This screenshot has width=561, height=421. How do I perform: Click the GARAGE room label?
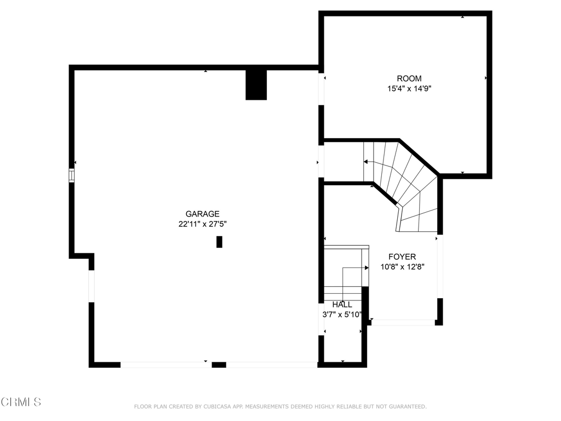click(x=202, y=214)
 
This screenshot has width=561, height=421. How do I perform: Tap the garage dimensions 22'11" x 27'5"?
click(x=203, y=224)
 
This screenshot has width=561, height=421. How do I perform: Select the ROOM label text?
click(x=409, y=78)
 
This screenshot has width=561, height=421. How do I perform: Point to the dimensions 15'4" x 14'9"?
click(x=409, y=88)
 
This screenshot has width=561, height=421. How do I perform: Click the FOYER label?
click(x=402, y=257)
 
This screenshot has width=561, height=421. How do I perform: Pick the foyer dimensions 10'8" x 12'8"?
click(x=403, y=267)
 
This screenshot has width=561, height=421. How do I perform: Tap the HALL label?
click(x=342, y=305)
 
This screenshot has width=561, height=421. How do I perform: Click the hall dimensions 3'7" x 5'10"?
click(x=342, y=315)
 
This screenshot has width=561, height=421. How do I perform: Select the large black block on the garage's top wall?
click(x=256, y=85)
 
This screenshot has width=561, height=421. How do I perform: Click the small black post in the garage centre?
click(x=219, y=242)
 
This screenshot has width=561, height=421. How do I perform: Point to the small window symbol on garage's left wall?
click(x=72, y=175)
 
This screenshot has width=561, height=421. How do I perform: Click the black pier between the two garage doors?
click(x=219, y=365)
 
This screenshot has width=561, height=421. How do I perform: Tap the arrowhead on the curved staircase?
click(x=365, y=162)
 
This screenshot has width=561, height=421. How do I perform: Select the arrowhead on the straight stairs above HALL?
click(x=367, y=268)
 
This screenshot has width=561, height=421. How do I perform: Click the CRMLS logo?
click(x=21, y=402)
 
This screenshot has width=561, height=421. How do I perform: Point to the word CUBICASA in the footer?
click(x=217, y=407)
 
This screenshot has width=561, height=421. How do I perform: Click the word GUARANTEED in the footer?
click(x=407, y=407)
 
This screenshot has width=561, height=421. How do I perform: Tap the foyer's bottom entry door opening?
click(x=403, y=322)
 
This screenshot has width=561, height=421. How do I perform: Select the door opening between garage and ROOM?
click(x=321, y=89)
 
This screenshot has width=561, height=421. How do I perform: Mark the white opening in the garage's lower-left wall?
click(x=91, y=286)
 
